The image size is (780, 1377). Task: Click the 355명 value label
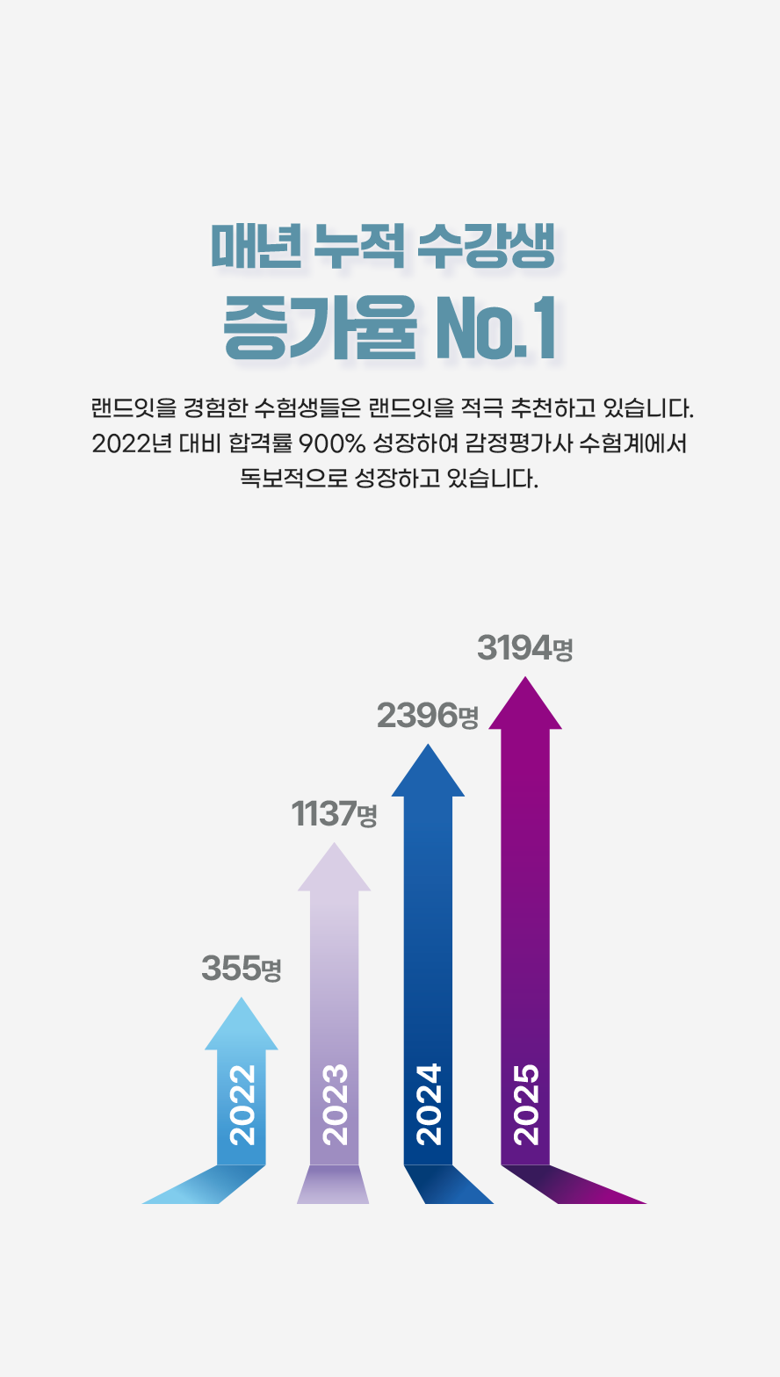242,968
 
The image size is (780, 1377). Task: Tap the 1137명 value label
334,813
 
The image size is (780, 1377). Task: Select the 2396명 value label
427,715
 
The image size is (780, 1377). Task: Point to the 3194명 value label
525,648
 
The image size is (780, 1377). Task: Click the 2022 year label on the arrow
242,1105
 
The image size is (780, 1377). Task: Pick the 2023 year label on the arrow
335,1105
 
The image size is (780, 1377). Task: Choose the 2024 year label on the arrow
429,1105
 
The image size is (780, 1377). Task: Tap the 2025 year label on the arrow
526,1105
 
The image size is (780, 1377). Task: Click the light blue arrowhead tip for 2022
242,998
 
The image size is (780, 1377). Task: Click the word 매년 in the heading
256,246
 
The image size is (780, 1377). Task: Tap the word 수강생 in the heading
487,246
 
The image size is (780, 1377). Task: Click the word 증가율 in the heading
320,328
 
